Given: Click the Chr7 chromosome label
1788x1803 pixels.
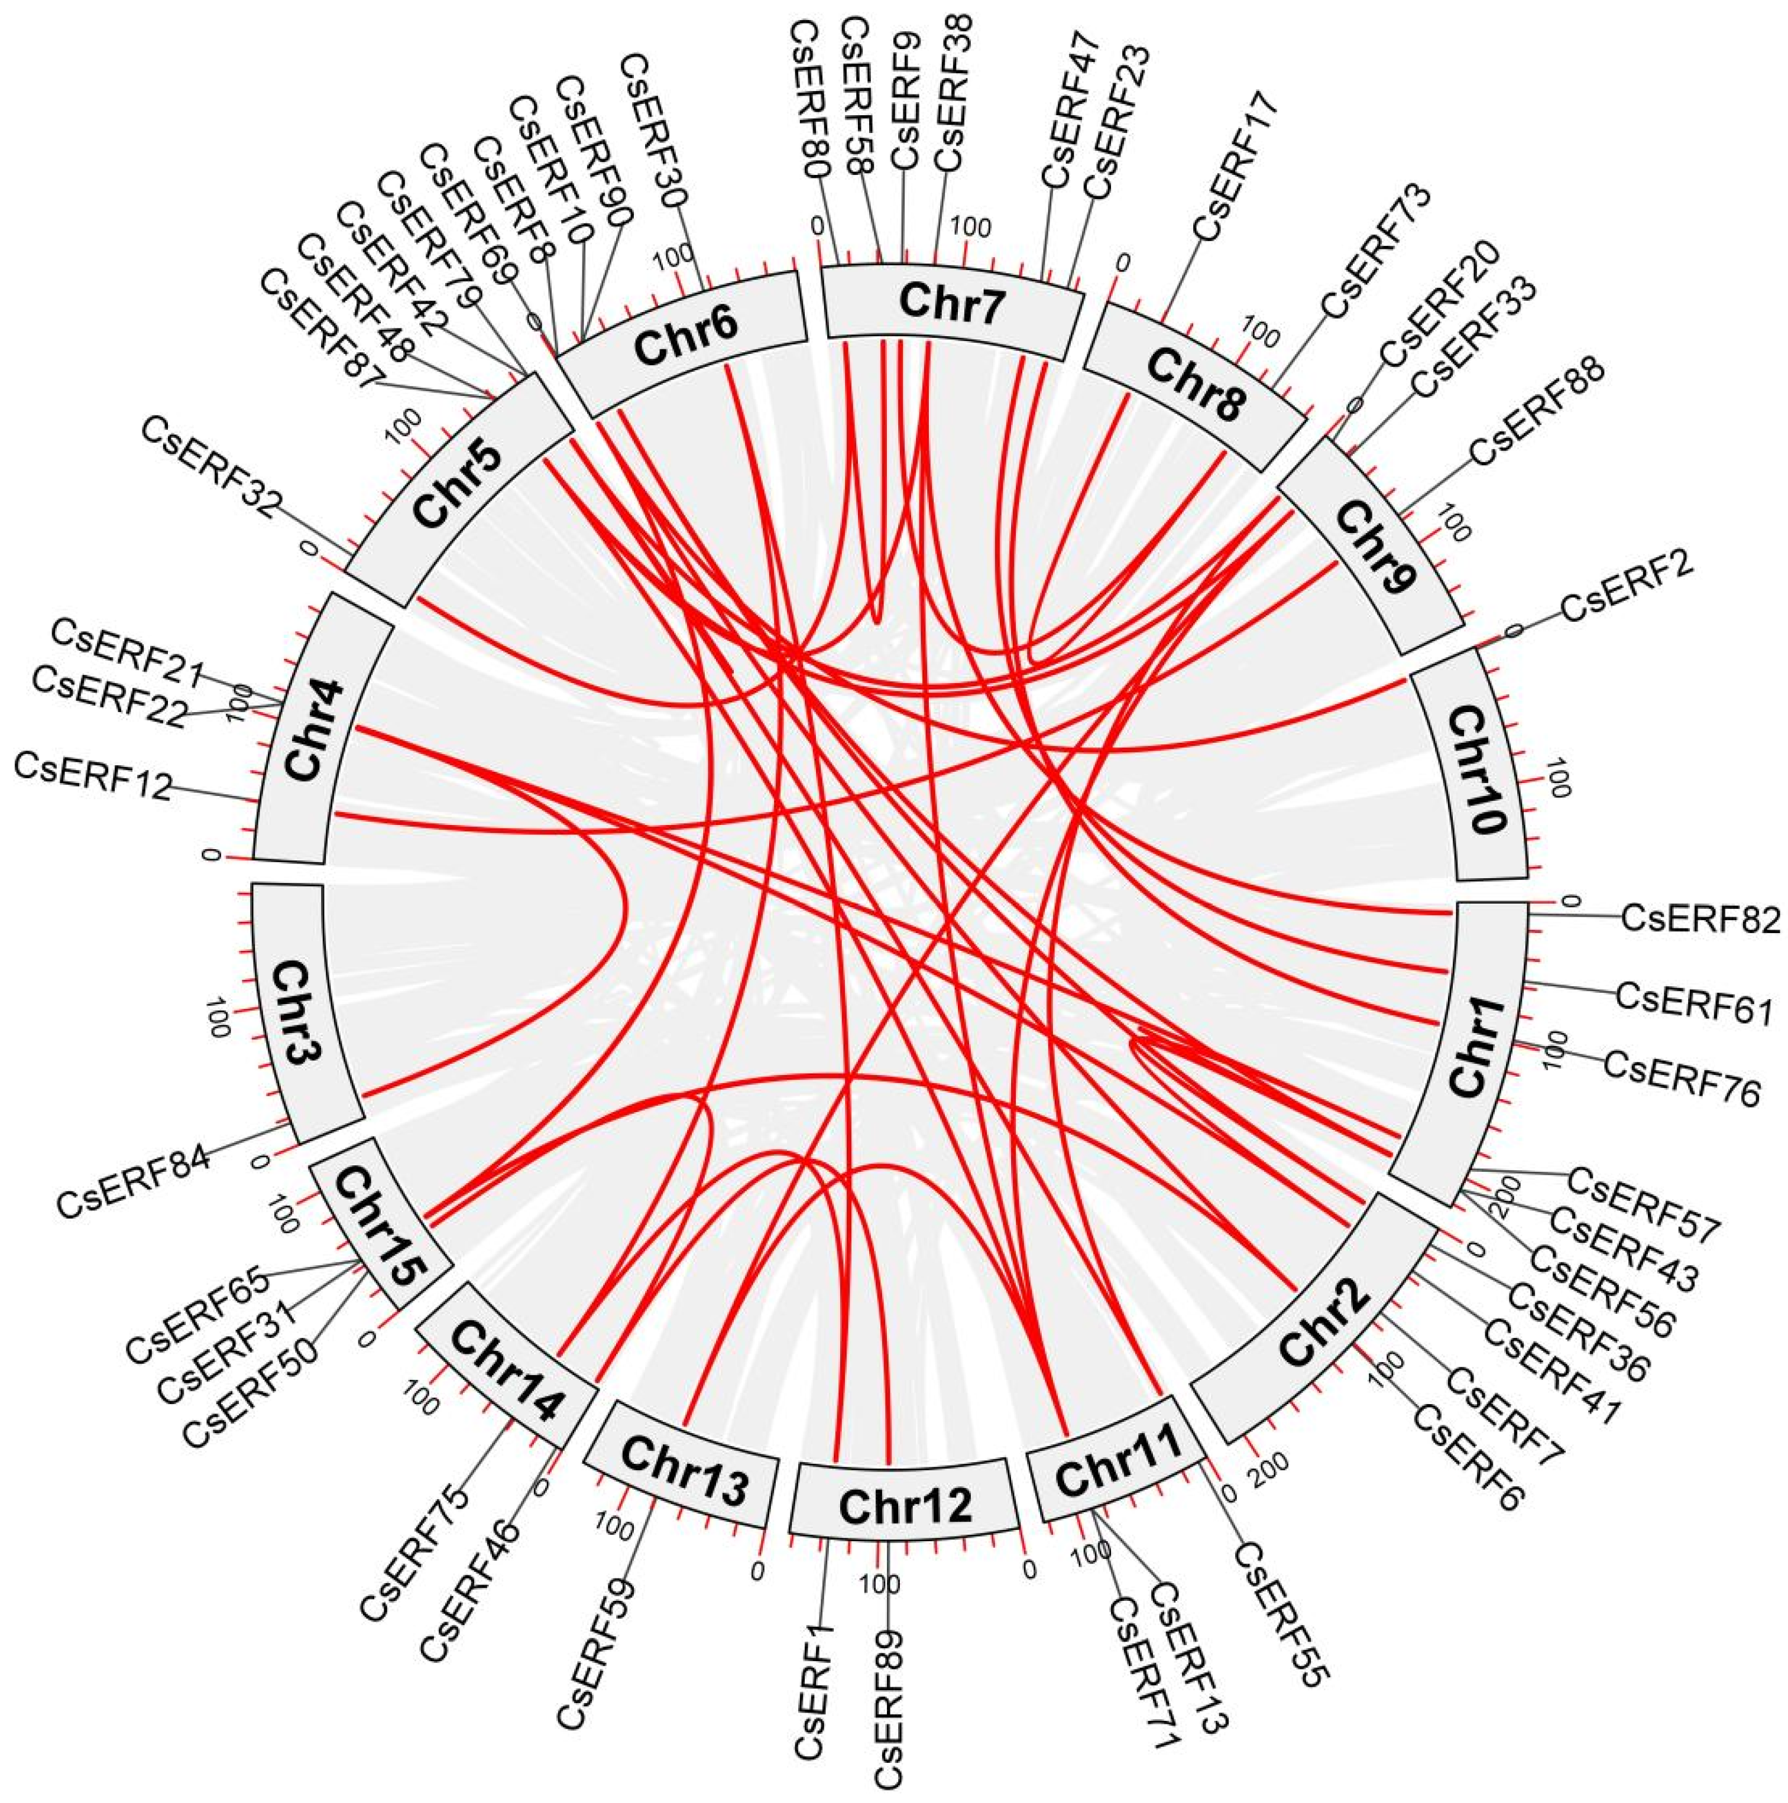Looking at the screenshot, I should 953,304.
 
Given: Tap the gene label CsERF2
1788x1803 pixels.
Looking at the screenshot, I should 1625,593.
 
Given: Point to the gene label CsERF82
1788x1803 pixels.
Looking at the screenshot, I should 1700,918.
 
